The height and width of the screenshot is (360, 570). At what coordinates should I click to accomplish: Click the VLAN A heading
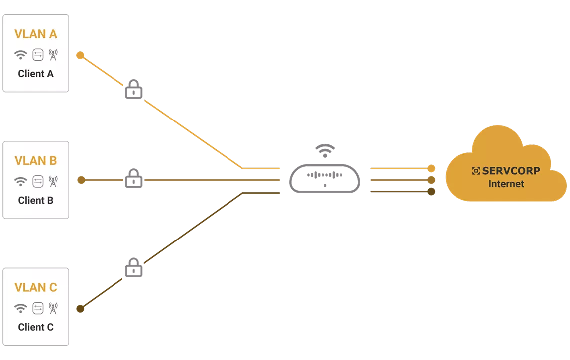[x=36, y=34]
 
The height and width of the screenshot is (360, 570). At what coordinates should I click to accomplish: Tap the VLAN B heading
[x=36, y=161]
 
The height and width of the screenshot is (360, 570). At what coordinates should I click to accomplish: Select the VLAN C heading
[x=36, y=287]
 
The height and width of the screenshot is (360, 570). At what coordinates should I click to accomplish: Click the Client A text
[x=36, y=74]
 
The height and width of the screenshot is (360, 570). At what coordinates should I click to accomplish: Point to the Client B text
[x=36, y=200]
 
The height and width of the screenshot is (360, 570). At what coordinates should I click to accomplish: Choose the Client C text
[x=36, y=327]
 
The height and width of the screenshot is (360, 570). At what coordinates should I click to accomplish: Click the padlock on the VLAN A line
[x=134, y=89]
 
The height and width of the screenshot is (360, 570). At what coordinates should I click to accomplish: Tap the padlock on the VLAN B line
[x=134, y=178]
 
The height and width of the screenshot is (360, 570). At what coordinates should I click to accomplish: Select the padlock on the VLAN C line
[x=134, y=268]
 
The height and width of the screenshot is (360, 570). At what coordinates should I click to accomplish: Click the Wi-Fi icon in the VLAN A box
[x=21, y=55]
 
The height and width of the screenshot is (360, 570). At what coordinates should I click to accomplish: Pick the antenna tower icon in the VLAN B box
[x=53, y=181]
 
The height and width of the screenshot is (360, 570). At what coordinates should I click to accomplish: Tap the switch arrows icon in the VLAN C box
[x=38, y=308]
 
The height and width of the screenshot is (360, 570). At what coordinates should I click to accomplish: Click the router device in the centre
[x=325, y=179]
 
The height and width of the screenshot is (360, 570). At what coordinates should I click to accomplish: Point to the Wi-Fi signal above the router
[x=325, y=150]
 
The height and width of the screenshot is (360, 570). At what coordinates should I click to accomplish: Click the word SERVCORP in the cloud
[x=511, y=171]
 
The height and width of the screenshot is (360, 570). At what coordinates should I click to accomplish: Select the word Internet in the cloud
[x=506, y=184]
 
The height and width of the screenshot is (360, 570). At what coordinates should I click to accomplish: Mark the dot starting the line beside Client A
[x=80, y=55]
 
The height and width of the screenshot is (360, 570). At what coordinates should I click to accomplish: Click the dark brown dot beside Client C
[x=80, y=309]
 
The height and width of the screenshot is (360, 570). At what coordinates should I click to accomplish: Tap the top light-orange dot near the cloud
[x=431, y=168]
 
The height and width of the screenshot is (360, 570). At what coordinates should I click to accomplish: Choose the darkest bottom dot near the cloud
[x=431, y=191]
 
